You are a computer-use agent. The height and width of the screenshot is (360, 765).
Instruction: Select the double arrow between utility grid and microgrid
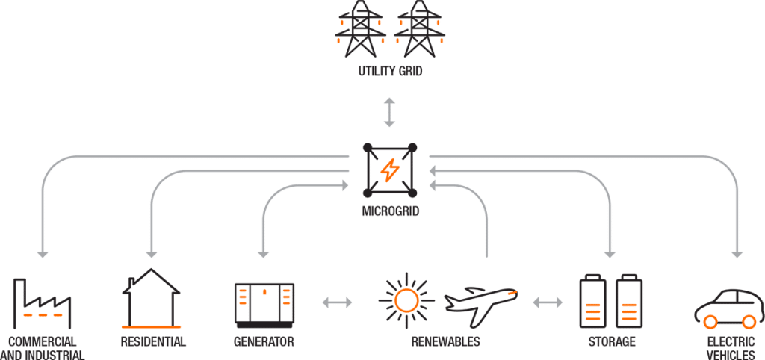pos(388,111)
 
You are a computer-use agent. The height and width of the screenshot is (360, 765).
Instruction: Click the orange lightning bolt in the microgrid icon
pos(389,171)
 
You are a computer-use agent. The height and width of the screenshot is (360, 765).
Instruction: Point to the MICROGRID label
pos(389,212)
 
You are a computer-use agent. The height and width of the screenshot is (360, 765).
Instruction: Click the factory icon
pos(42,303)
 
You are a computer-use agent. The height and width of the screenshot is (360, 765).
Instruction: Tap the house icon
pos(152,299)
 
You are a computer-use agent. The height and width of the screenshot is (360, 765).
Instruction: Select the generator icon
pos(264,304)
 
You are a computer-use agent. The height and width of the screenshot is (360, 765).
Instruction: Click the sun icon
pos(406,300)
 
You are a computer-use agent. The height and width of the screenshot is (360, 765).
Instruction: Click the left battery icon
pos(591,302)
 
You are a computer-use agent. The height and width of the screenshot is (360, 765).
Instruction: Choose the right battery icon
pos(628,302)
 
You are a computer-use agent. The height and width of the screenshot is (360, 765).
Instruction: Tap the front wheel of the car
pos(710,323)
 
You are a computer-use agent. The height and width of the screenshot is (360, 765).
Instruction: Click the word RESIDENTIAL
pos(153,343)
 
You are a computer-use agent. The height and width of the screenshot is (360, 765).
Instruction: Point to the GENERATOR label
pos(264,343)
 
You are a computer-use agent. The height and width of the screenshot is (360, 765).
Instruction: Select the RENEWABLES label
pos(446,343)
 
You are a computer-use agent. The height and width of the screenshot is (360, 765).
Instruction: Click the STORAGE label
pos(611,343)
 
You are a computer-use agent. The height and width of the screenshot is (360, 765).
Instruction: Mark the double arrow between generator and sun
pos(337,302)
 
